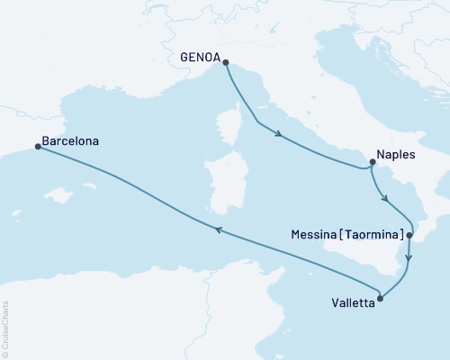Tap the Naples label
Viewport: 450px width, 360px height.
point(396,155)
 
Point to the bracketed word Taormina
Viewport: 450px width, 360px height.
point(371,235)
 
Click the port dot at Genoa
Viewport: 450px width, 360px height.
point(225,62)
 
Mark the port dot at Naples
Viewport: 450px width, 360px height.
point(372,163)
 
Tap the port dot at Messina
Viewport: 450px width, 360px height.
point(409,235)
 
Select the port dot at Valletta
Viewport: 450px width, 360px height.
point(380,298)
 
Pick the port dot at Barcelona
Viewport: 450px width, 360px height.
point(37,147)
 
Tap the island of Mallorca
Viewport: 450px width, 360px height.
point(62,194)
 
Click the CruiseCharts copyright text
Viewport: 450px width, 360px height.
point(5,328)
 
